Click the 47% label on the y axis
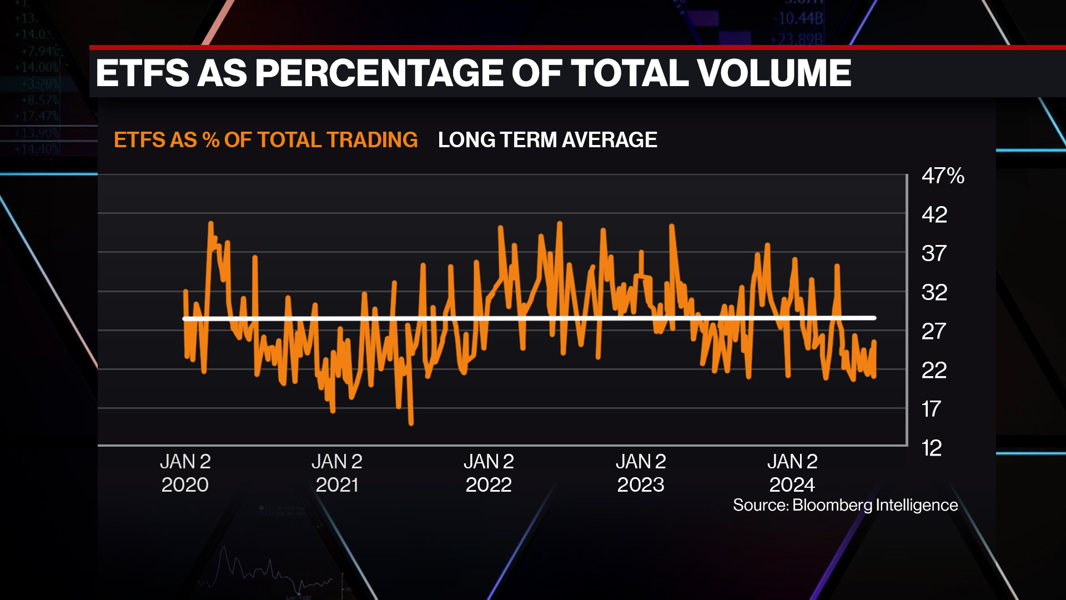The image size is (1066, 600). click(x=942, y=176)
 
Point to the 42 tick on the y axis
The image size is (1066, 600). click(x=934, y=214)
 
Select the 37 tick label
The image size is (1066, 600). click(x=934, y=253)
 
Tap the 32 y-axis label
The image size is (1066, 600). click(x=934, y=292)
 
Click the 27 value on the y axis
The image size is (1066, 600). click(x=933, y=331)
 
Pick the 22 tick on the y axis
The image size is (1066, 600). click(x=934, y=370)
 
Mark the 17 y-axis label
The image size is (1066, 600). click(x=931, y=409)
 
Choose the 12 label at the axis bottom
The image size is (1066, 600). click(x=932, y=448)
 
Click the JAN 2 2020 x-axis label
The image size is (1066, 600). click(x=185, y=473)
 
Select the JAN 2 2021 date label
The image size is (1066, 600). click(x=337, y=473)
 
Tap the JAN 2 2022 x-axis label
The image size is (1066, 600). click(x=489, y=473)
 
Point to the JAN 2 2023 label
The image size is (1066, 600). click(x=641, y=473)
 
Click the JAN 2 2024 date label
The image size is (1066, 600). click(x=792, y=473)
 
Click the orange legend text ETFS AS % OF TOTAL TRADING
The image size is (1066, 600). click(x=265, y=140)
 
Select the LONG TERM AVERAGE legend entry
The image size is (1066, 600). click(x=547, y=140)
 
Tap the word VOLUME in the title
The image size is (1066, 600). click(x=773, y=73)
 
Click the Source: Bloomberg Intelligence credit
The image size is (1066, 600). click(x=845, y=505)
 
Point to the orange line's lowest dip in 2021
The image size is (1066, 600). click(x=411, y=423)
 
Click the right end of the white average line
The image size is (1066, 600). click(x=874, y=318)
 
